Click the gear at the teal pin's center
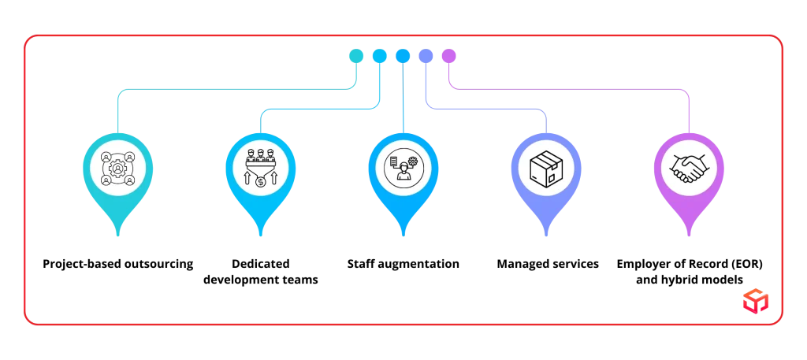click(118, 168)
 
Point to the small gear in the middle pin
click(412, 161)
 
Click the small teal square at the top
click(356, 55)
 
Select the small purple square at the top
click(449, 55)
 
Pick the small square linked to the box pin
click(426, 55)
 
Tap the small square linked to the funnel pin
click(379, 55)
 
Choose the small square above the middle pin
click(403, 55)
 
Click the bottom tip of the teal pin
click(118, 234)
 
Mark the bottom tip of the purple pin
click(689, 234)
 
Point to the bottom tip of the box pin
click(545, 234)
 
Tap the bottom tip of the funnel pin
click(261, 234)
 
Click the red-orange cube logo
click(754, 300)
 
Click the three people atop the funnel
click(261, 155)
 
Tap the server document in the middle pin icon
click(394, 161)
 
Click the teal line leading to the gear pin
click(236, 91)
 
